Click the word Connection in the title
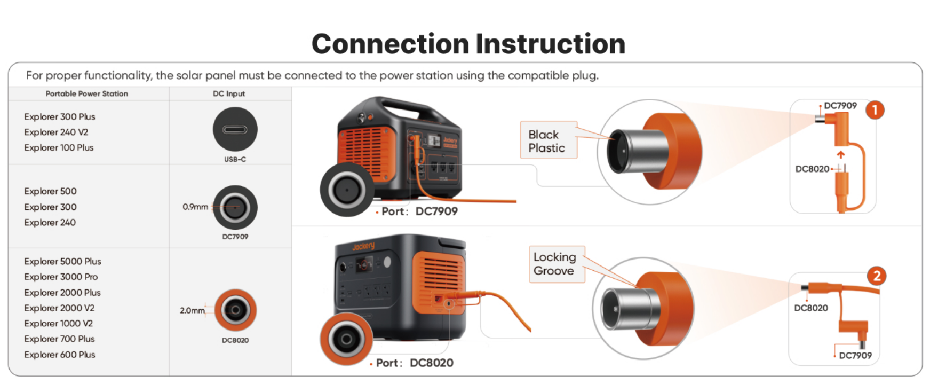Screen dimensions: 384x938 click(389, 44)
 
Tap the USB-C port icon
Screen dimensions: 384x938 click(235, 129)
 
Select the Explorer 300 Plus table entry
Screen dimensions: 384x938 click(59, 116)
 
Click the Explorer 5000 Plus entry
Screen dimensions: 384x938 click(62, 261)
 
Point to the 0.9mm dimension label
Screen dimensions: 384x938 click(195, 207)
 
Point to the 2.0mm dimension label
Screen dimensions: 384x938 click(192, 310)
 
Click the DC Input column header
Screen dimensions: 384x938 click(229, 93)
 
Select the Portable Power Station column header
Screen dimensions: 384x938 click(86, 93)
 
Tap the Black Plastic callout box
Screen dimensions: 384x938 click(548, 140)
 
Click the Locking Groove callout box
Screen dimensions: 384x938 click(556, 264)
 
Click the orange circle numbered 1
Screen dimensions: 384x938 click(875, 110)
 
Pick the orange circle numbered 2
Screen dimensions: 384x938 click(876, 276)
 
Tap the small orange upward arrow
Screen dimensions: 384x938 click(841, 155)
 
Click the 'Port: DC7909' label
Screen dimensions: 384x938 click(419, 211)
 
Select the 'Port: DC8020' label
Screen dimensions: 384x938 click(414, 363)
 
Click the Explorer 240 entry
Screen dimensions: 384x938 click(50, 222)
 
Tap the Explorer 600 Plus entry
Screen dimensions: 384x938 click(59, 355)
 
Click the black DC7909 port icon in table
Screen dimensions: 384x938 click(235, 208)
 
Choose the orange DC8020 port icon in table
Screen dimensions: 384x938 click(235, 310)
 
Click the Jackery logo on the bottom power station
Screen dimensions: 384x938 click(363, 246)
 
